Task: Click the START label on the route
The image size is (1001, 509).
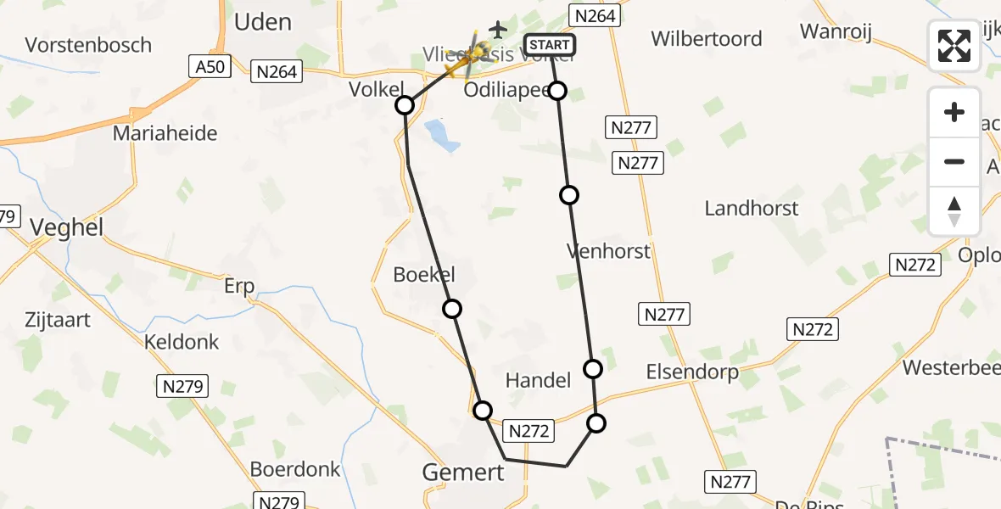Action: pyautogui.click(x=550, y=45)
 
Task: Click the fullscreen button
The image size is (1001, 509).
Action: pyautogui.click(x=954, y=46)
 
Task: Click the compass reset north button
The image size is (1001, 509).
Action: pyautogui.click(x=954, y=210)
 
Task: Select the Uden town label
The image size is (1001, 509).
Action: pyautogui.click(x=262, y=22)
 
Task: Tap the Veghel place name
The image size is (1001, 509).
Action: pyautogui.click(x=66, y=227)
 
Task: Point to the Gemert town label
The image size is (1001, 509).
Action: pyautogui.click(x=463, y=472)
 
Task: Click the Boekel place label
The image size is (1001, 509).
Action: pyautogui.click(x=424, y=274)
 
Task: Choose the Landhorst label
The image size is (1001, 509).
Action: pyautogui.click(x=752, y=209)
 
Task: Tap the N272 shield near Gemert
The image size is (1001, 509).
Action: pyautogui.click(x=529, y=431)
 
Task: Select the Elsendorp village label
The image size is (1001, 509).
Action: pyautogui.click(x=692, y=372)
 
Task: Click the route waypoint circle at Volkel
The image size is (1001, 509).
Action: pyautogui.click(x=405, y=105)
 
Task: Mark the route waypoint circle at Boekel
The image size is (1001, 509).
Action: pyautogui.click(x=452, y=309)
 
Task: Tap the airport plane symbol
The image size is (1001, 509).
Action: pyautogui.click(x=498, y=30)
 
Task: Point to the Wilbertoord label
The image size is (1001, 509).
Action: pyautogui.click(x=707, y=39)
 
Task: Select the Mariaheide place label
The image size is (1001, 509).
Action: pyautogui.click(x=165, y=133)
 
